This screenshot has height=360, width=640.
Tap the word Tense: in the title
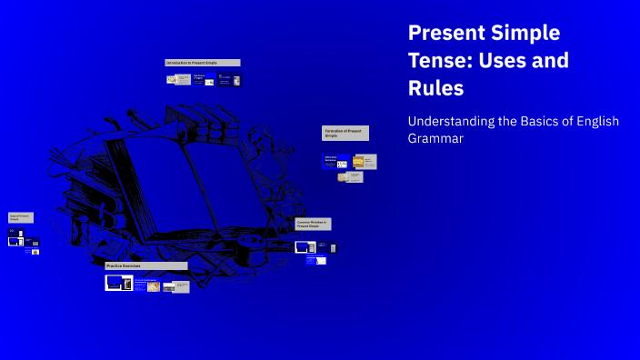[441, 61]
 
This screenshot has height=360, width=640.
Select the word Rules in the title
[436, 88]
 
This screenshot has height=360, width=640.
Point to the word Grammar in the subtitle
[435, 139]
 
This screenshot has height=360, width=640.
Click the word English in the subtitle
[590, 121]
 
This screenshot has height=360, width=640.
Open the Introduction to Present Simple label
[202, 63]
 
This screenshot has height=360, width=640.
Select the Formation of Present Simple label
[345, 133]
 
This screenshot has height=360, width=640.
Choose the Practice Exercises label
[145, 265]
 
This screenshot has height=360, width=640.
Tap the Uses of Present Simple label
[21, 218]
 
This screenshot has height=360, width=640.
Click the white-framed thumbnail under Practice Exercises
[119, 283]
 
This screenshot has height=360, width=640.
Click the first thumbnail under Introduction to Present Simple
[172, 79]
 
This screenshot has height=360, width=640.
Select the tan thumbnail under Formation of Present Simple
[358, 162]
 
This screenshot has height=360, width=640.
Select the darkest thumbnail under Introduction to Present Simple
[235, 80]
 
